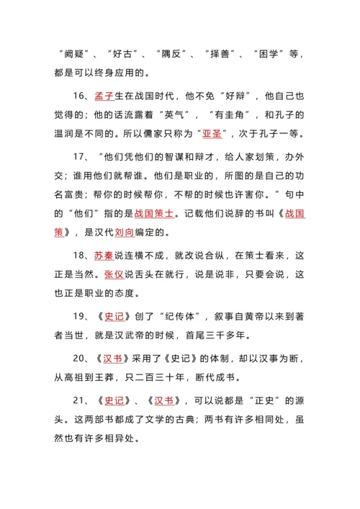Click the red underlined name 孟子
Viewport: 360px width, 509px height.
(104, 95)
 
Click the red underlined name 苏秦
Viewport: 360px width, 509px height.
(104, 256)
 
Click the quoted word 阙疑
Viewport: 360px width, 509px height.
(76, 53)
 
